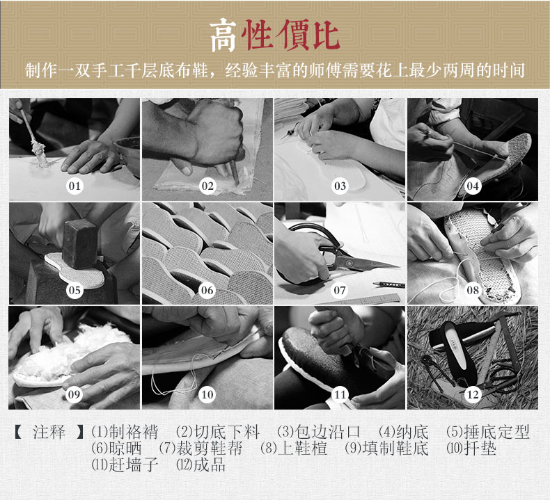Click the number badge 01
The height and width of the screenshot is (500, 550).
[74, 186]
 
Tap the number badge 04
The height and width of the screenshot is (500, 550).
[473, 186]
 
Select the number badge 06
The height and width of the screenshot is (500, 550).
[207, 290]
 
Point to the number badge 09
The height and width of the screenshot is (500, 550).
[74, 394]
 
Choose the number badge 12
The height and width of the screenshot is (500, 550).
[473, 394]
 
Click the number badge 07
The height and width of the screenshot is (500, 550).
[340, 290]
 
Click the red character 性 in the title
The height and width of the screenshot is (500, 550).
[258, 35]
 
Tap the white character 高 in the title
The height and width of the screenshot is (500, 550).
[224, 35]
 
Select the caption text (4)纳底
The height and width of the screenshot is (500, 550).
[404, 432]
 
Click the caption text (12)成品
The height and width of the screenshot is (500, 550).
[201, 465]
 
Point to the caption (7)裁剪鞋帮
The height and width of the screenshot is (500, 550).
[201, 448]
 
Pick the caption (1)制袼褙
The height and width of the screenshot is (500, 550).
[125, 432]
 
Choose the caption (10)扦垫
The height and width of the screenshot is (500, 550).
[471, 448]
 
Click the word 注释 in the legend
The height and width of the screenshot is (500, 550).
[49, 432]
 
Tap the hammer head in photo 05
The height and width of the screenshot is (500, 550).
[79, 245]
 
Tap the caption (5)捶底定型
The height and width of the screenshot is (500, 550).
[487, 432]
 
